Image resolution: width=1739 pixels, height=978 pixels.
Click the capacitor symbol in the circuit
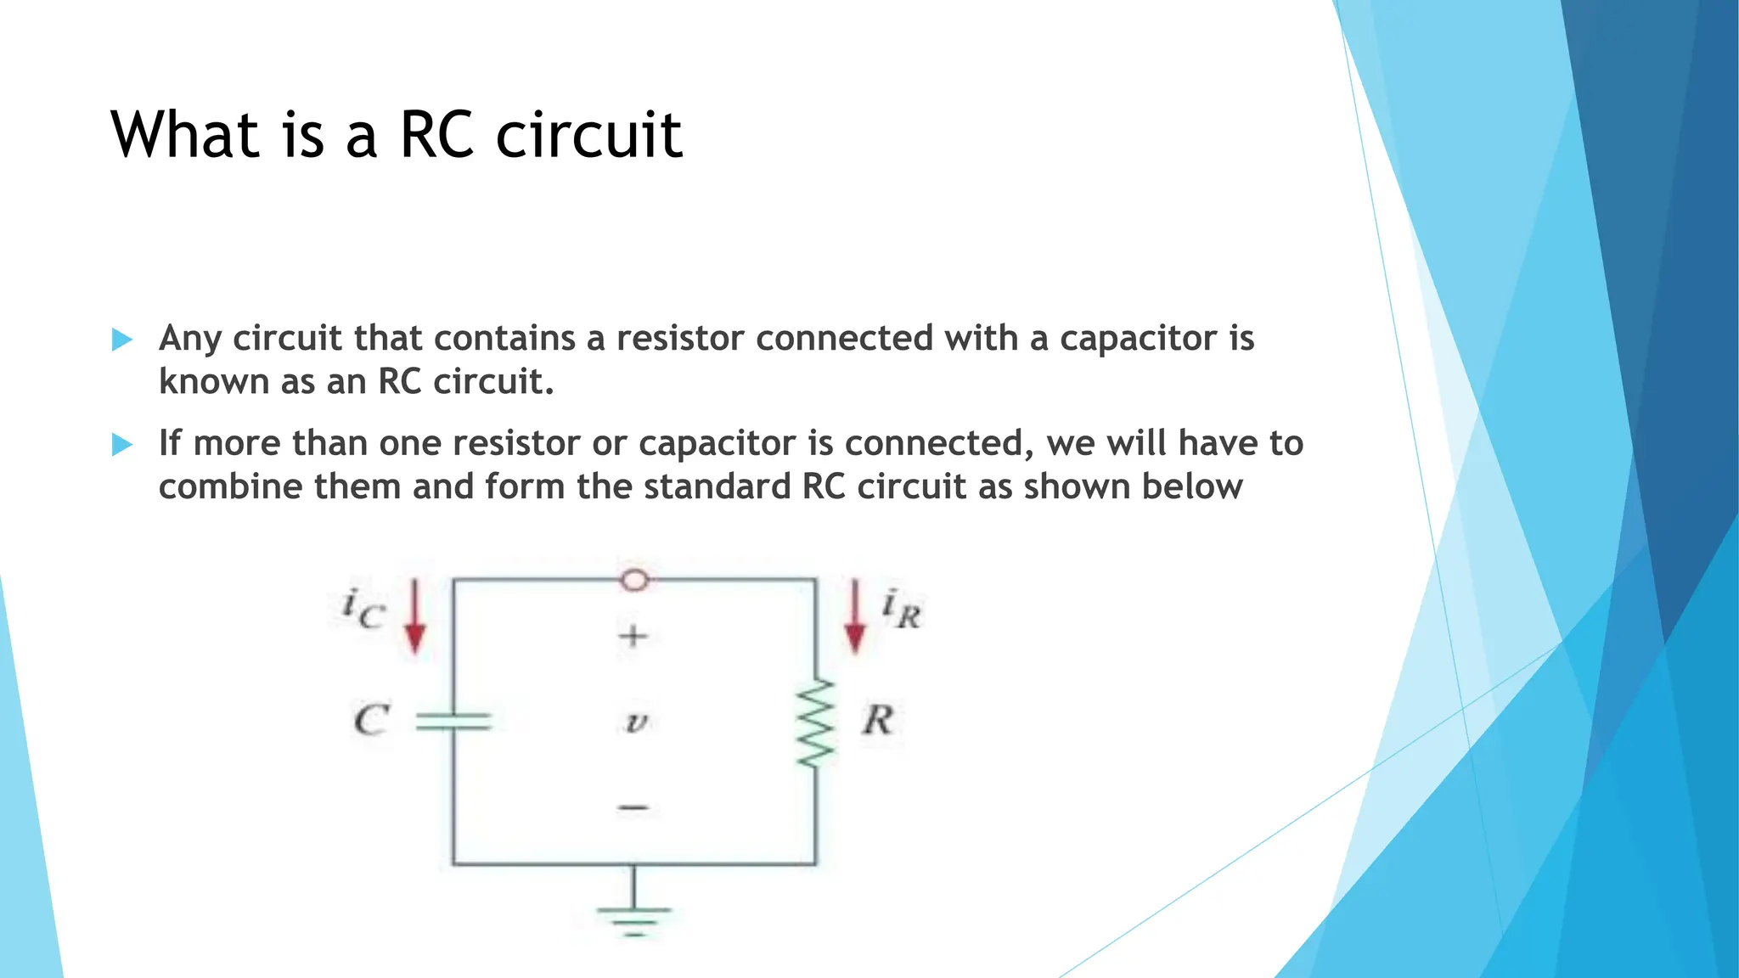point(453,722)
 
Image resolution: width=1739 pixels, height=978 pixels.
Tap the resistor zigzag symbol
point(816,722)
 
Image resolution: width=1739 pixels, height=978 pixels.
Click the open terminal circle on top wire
point(634,580)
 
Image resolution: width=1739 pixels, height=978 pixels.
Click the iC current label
point(363,608)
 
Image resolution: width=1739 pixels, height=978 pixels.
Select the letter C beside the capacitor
point(371,721)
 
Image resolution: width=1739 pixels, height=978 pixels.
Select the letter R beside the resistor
point(877,721)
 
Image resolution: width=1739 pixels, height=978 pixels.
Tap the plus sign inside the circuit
point(633,636)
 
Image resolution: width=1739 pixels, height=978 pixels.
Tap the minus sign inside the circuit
point(633,807)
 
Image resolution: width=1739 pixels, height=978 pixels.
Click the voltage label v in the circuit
point(636,722)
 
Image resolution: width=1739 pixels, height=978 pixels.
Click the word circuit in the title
point(588,135)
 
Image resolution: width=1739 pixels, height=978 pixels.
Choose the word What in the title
point(184,135)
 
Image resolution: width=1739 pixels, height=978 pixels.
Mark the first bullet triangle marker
point(122,340)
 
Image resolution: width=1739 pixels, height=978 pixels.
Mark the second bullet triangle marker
point(122,445)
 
